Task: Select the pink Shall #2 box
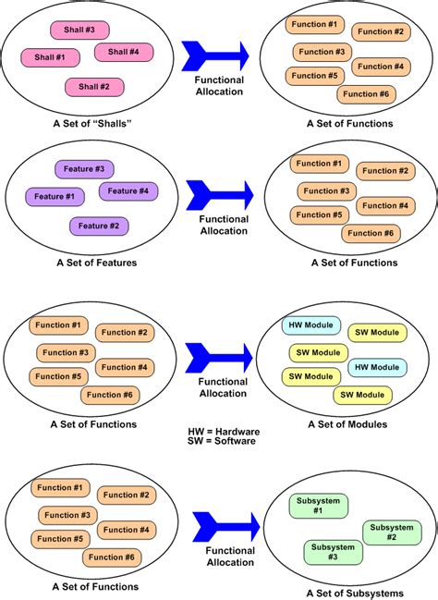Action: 93,87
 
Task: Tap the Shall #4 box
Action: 123,52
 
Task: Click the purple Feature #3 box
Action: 85,169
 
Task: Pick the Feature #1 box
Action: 54,196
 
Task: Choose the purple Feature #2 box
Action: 99,226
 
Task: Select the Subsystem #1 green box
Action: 320,506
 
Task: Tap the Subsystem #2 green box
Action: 392,532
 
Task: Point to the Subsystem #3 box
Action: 332,552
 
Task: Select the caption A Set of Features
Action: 95,263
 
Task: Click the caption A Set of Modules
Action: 347,424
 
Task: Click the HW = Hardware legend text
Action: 222,431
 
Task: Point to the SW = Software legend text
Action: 221,442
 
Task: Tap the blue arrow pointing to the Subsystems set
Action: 222,526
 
